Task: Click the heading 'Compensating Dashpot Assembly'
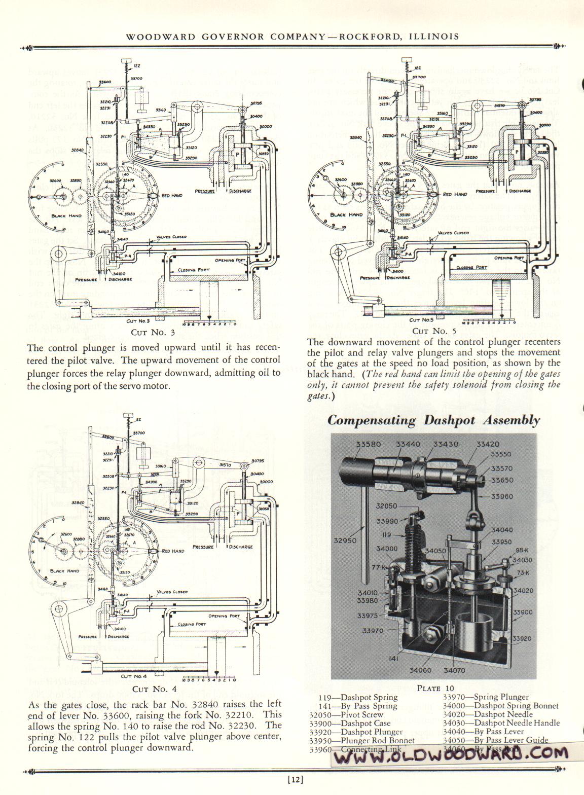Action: [x=433, y=420]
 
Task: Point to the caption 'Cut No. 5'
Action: [x=428, y=331]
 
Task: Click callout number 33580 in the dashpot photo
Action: [x=368, y=444]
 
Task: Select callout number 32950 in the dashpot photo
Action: [x=345, y=540]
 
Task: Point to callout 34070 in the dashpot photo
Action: [x=454, y=670]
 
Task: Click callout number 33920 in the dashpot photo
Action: [x=522, y=638]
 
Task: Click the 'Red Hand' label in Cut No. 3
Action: [x=173, y=195]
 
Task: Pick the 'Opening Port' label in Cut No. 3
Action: [x=230, y=260]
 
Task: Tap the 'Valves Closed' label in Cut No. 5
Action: [x=453, y=233]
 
